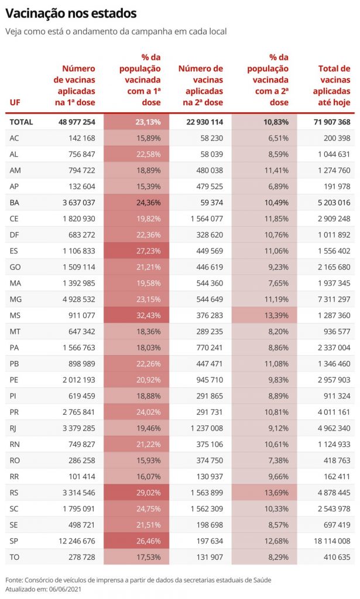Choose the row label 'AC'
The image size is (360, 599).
(15, 138)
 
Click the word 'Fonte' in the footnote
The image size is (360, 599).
(14, 580)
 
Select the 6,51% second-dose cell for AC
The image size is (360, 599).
(276, 138)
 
